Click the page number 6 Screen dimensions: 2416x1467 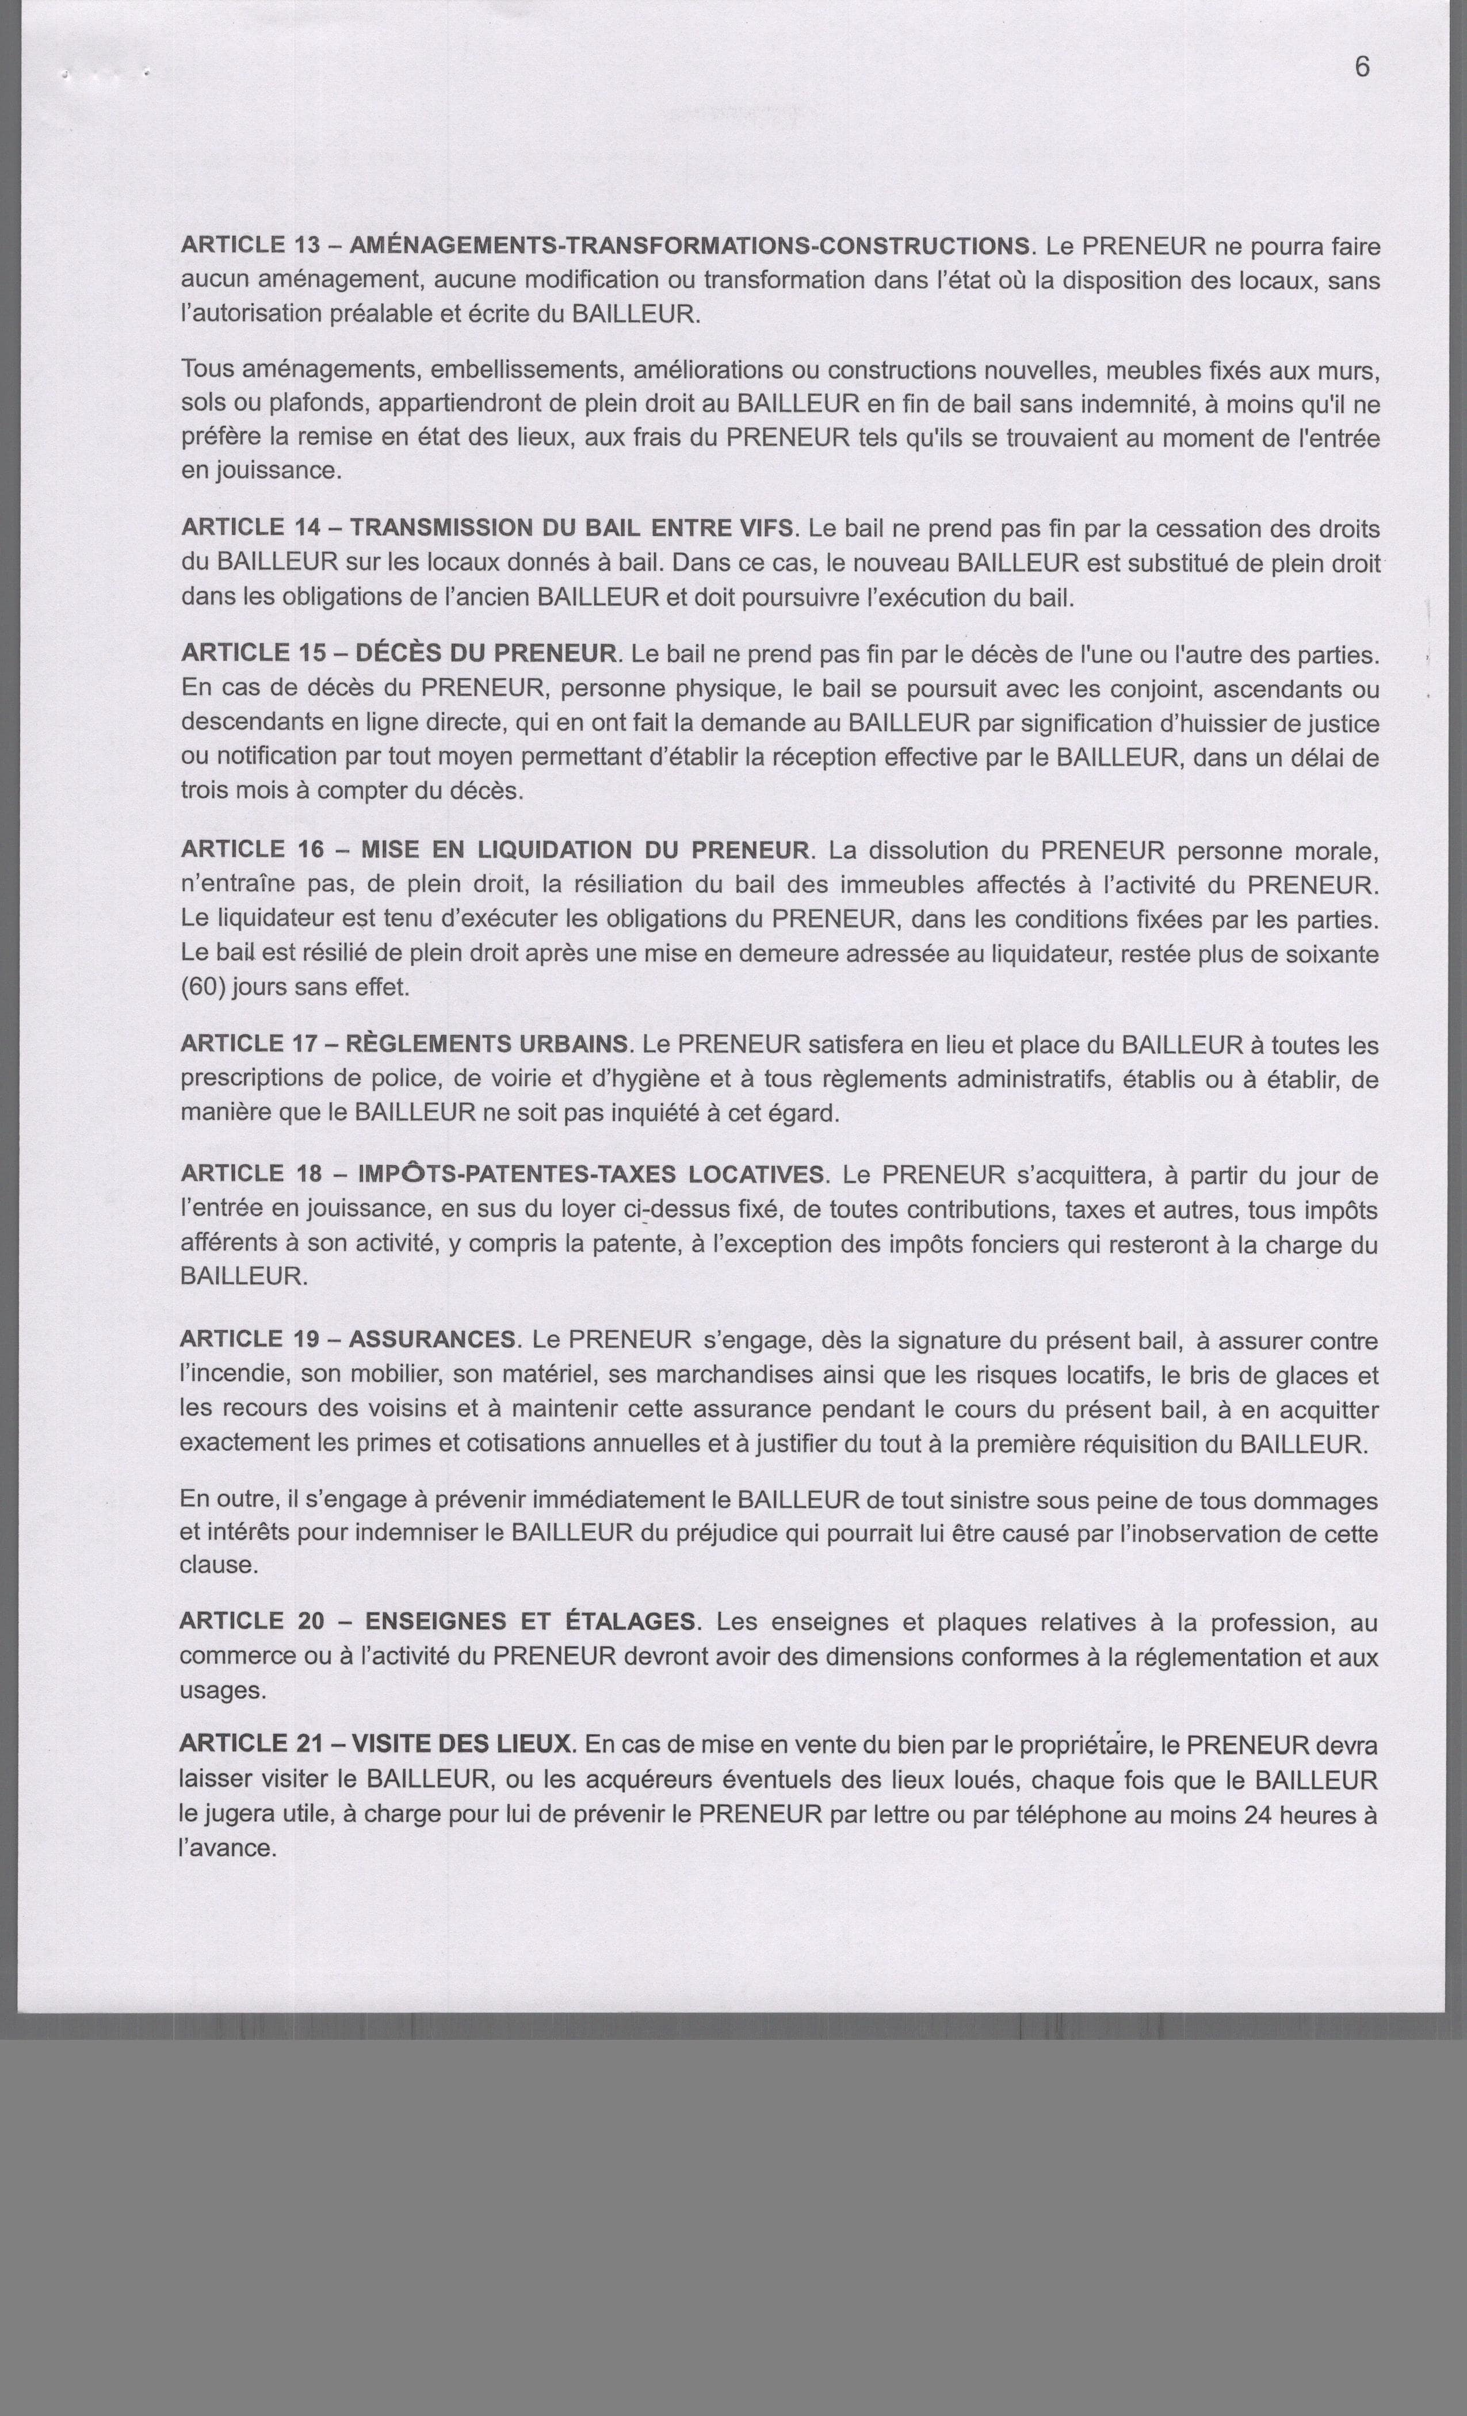pos(1362,67)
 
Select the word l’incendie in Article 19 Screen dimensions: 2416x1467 pos(231,1375)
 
